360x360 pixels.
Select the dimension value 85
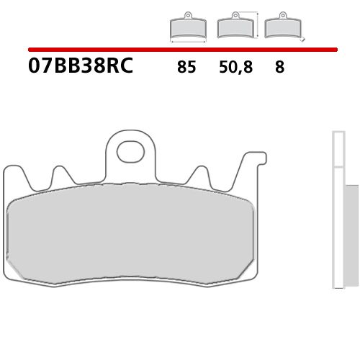[x=186, y=68]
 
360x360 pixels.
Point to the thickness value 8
[x=279, y=68]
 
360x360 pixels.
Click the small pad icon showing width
[x=186, y=27]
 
